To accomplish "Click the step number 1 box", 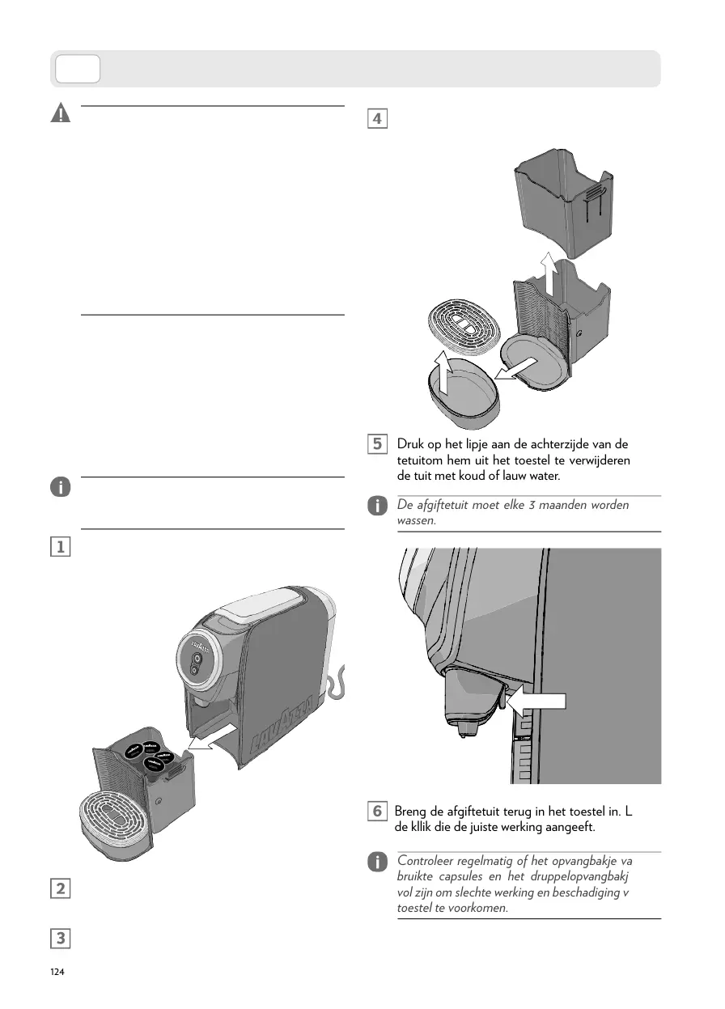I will (x=60, y=546).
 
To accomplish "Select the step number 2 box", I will (x=60, y=888).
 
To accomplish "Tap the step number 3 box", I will (x=60, y=939).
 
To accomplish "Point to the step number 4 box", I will (x=376, y=118).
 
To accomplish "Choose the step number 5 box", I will (x=376, y=444).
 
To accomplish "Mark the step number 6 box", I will (x=376, y=811).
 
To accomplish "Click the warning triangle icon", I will (x=60, y=114).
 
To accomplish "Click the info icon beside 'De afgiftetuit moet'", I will (x=376, y=507).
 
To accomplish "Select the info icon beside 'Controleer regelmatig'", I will (x=376, y=863).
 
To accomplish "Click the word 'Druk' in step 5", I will (x=409, y=445).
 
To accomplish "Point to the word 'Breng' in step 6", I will (x=411, y=811).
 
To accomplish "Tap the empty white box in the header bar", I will (x=77, y=70).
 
